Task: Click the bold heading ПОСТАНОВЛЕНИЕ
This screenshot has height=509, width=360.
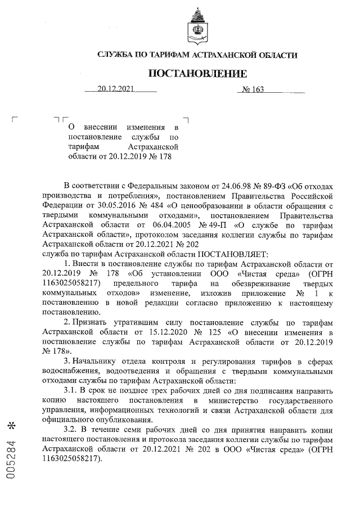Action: coord(197,74)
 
